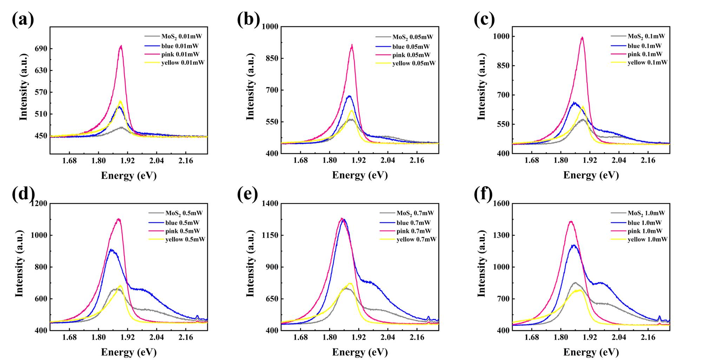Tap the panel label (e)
coord(248,194)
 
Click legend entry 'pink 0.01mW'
coord(180,54)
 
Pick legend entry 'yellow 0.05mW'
coord(414,63)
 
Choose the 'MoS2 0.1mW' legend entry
coord(646,36)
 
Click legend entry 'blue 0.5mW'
coord(182,223)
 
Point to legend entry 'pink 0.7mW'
coord(414,231)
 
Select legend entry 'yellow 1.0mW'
coord(647,240)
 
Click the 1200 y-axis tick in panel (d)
coord(39,204)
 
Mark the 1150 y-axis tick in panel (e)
coord(270,235)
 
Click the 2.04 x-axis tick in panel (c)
coord(619,161)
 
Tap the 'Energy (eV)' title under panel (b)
coord(360,175)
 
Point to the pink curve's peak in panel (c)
coord(582,37)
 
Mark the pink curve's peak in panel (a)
coord(121,46)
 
